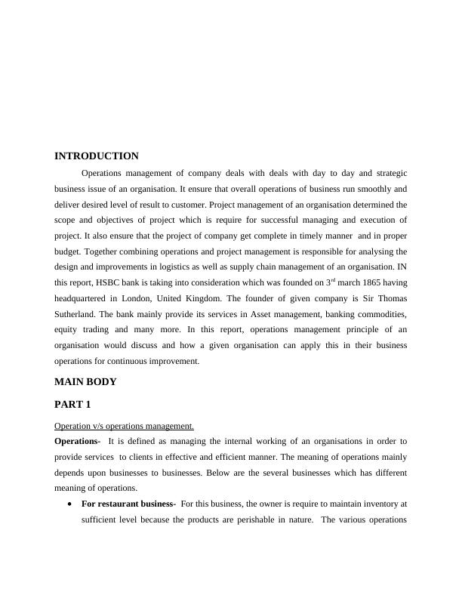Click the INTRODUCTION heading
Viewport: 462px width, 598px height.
click(97, 156)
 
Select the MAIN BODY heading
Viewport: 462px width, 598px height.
click(85, 382)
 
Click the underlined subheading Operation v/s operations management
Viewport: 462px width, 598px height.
click(124, 426)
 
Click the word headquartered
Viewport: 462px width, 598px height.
click(87, 298)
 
